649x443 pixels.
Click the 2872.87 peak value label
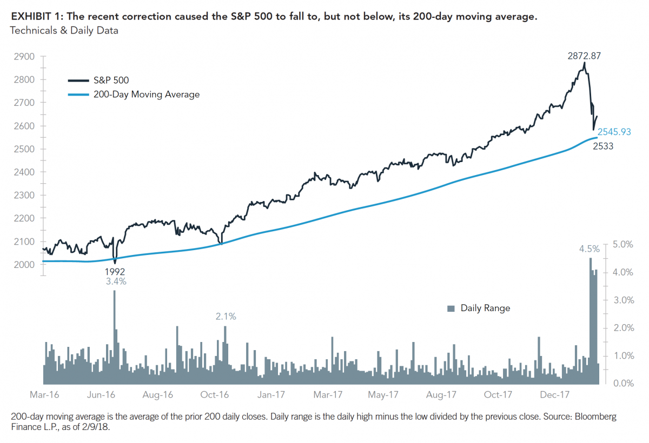point(584,56)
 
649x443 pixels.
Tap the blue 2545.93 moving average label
point(614,132)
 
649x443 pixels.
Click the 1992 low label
point(115,271)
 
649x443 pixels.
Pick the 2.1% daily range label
point(226,317)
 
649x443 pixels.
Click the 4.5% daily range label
point(590,249)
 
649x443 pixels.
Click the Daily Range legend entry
point(485,308)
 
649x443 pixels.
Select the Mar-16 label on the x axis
point(44,395)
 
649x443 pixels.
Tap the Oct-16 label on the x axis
point(215,395)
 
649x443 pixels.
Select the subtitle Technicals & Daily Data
point(64,31)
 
